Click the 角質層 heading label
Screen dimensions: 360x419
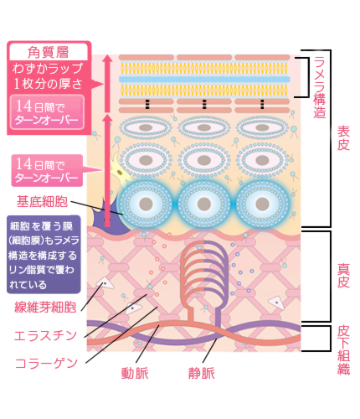(x=49, y=52)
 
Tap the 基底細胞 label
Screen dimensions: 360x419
(x=42, y=201)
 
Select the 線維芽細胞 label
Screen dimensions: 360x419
(x=45, y=307)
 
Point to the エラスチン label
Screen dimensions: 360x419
(x=45, y=335)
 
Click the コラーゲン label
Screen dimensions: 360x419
(x=46, y=363)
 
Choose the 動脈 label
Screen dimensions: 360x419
(x=135, y=373)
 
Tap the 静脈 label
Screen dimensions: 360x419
(x=202, y=373)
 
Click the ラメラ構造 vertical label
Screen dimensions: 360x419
(x=320, y=88)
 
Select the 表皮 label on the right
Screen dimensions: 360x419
(x=343, y=138)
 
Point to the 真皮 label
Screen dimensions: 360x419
(x=343, y=276)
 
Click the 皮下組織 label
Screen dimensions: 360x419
(x=343, y=350)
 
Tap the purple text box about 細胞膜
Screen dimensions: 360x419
(x=44, y=255)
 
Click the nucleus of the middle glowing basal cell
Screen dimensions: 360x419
(x=204, y=204)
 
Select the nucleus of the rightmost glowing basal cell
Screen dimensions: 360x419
(x=262, y=204)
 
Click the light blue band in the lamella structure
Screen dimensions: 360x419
(x=204, y=80)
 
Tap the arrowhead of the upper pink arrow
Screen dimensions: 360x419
(x=107, y=59)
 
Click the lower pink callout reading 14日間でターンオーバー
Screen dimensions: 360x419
(x=47, y=170)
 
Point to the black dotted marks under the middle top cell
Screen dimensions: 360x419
(x=204, y=104)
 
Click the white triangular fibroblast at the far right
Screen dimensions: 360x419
(x=276, y=303)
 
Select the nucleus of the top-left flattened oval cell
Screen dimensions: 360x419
(x=146, y=127)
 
